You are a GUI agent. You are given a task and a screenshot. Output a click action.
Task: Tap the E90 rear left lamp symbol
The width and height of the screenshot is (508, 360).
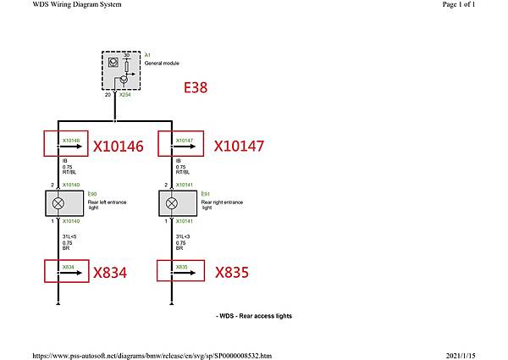click(x=58, y=203)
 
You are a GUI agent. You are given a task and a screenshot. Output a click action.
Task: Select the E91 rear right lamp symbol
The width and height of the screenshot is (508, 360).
click(x=173, y=203)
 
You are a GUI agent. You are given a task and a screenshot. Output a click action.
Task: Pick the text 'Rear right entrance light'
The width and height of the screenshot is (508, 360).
click(x=222, y=204)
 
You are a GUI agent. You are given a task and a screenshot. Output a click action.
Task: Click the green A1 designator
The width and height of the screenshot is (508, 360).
click(x=147, y=54)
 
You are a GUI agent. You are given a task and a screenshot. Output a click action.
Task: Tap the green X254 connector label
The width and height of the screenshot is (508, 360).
click(x=124, y=96)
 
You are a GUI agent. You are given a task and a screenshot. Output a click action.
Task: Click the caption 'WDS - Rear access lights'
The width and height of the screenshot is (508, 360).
click(x=254, y=316)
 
